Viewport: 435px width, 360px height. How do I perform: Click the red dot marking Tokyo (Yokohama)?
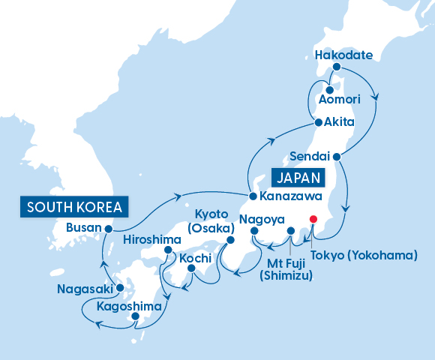pos(313,220)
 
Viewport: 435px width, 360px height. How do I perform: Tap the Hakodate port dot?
pos(337,67)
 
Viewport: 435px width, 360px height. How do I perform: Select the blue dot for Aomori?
pos(329,90)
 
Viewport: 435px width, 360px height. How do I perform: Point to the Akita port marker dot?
pos(318,121)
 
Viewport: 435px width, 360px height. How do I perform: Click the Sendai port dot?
pos(337,157)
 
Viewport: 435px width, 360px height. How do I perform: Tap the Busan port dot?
pos(109,229)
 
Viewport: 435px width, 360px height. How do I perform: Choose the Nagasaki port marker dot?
pos(119,288)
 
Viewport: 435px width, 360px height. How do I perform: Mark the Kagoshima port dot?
pos(135,316)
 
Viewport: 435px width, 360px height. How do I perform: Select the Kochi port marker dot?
pos(191,268)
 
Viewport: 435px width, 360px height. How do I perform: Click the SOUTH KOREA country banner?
pos(74,206)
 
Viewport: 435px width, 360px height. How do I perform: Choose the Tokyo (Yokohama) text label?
pos(363,255)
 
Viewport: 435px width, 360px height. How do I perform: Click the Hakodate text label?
pos(338,55)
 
